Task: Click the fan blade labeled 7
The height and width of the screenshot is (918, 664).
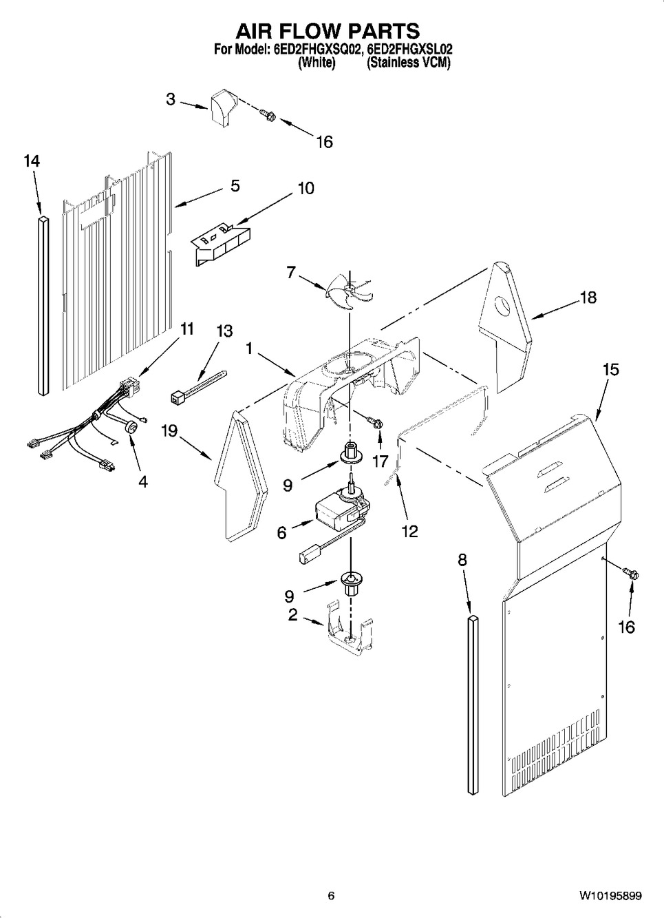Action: (x=350, y=287)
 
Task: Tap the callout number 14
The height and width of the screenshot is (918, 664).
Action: (x=32, y=161)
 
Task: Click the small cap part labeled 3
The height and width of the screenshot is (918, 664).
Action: (x=222, y=107)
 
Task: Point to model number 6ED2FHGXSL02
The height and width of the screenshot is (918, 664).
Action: (x=410, y=50)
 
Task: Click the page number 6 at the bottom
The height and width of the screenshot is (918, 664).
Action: (x=331, y=896)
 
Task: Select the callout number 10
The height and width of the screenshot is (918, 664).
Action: (x=306, y=187)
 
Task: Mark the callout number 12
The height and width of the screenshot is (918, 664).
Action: (x=411, y=532)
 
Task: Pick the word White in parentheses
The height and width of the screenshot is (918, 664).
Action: (x=317, y=63)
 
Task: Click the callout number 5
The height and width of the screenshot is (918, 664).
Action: (x=235, y=186)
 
